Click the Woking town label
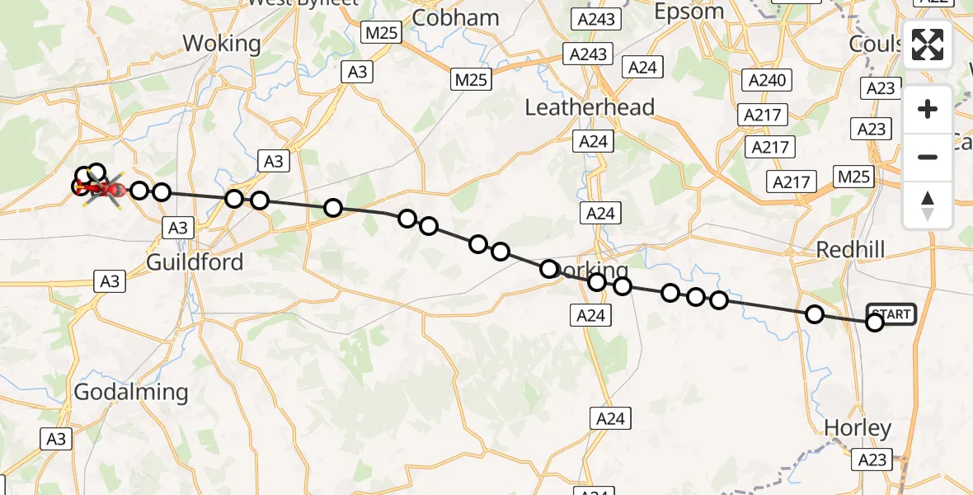click(222, 43)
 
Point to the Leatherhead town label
click(590, 107)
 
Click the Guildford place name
click(195, 262)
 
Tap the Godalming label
click(131, 392)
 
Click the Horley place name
click(858, 428)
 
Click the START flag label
click(891, 314)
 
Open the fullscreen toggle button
click(928, 45)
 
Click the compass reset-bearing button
click(928, 205)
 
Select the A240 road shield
click(767, 80)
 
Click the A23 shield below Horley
click(871, 460)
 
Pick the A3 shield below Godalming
click(55, 439)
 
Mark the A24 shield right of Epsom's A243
click(642, 68)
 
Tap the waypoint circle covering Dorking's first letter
click(549, 269)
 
